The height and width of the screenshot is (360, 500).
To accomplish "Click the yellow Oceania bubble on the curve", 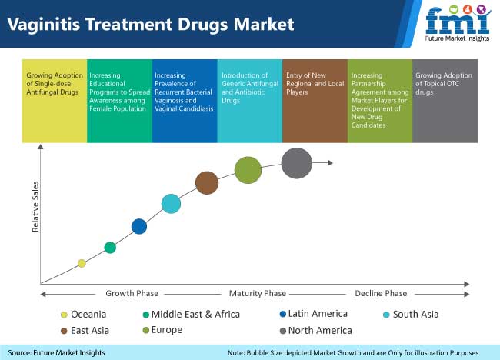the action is (x=82, y=263).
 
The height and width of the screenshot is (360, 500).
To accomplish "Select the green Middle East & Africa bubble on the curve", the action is (x=110, y=248).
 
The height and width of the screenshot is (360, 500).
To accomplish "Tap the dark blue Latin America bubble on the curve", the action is (x=139, y=226).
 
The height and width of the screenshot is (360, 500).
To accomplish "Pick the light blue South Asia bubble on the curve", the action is (x=171, y=204).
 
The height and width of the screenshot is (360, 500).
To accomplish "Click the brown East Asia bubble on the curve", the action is (x=207, y=183).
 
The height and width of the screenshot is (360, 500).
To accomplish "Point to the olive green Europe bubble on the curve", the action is (x=248, y=170).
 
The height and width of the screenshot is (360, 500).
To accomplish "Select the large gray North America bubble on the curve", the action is (x=297, y=163).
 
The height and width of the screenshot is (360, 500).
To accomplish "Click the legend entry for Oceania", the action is (x=84, y=315).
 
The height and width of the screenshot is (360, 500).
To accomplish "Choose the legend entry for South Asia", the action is (x=411, y=315).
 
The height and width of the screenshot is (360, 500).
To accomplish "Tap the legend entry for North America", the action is (x=315, y=331).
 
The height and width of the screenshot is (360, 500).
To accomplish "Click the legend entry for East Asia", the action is (x=85, y=331).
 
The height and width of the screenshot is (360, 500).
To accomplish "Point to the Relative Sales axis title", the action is (x=35, y=207).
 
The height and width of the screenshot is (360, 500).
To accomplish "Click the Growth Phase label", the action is (x=132, y=293).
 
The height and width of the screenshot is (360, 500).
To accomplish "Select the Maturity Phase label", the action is (x=258, y=293).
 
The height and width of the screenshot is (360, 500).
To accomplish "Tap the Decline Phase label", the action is (x=381, y=293).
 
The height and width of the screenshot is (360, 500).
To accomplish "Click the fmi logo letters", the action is (x=458, y=20).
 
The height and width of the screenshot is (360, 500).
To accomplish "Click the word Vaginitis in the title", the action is (x=43, y=25).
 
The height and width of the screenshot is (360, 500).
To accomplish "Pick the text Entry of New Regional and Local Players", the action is (x=315, y=84).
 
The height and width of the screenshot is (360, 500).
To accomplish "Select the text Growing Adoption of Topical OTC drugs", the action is (x=444, y=84).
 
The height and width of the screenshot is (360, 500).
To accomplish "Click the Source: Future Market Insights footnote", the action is (x=56, y=352).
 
